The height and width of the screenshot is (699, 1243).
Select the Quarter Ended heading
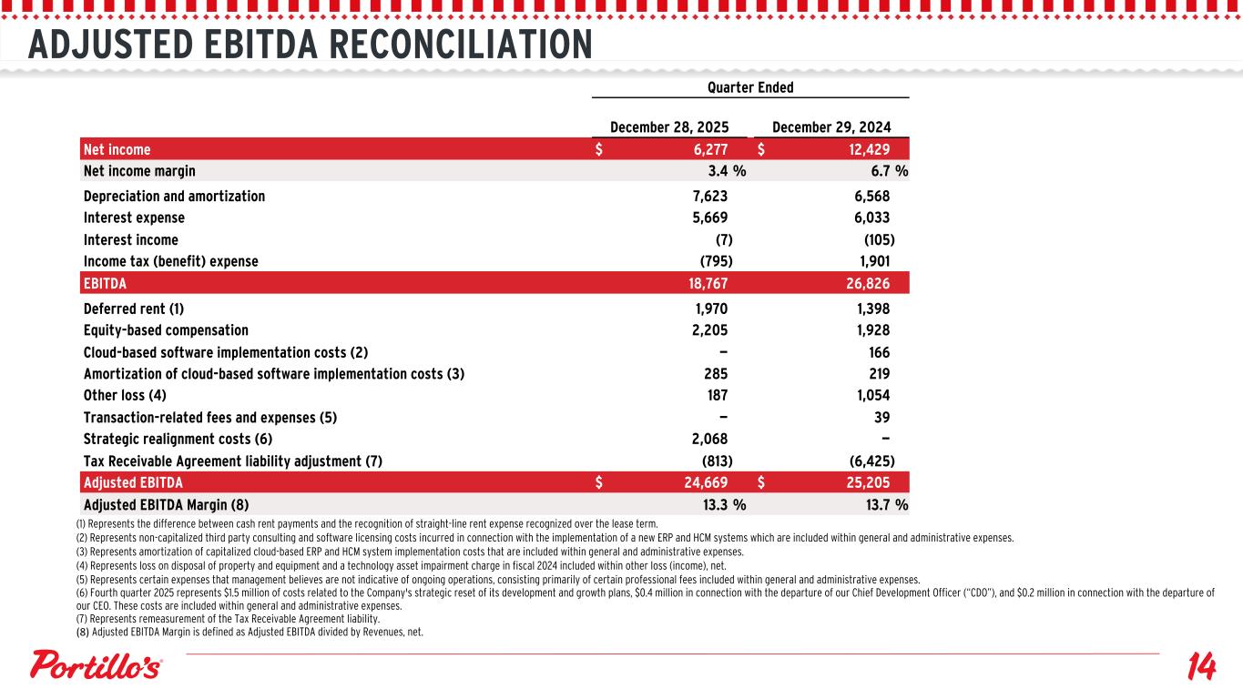pyautogui.click(x=750, y=87)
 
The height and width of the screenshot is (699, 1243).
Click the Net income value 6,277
pyautogui.click(x=705, y=149)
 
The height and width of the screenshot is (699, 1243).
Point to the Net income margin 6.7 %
pyautogui.click(x=881, y=170)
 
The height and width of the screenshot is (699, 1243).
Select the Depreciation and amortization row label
pyautogui.click(x=174, y=196)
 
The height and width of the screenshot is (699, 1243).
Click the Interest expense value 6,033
pyautogui.click(x=867, y=218)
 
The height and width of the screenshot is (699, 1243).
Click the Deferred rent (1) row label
pyautogui.click(x=133, y=309)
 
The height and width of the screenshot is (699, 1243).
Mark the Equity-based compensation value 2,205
pyautogui.click(x=705, y=330)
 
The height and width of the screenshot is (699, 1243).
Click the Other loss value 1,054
pyautogui.click(x=867, y=395)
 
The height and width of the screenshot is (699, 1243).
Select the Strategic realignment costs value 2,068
pyautogui.click(x=705, y=439)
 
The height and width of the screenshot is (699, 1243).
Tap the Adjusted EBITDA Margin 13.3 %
pyautogui.click(x=715, y=504)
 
